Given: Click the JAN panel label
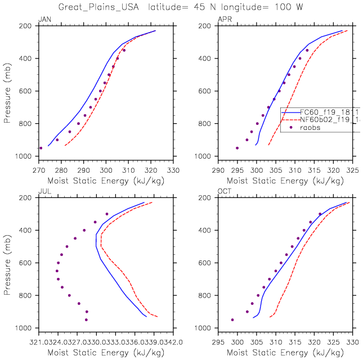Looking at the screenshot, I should (x=43, y=20).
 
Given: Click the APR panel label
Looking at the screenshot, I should (x=223, y=20).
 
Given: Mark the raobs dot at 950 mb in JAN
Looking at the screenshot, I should (x=41, y=148).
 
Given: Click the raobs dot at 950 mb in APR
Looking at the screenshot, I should (x=237, y=148).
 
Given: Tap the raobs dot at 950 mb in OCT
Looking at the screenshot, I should (x=232, y=319).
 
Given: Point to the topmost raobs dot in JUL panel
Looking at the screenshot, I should (x=106, y=214).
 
